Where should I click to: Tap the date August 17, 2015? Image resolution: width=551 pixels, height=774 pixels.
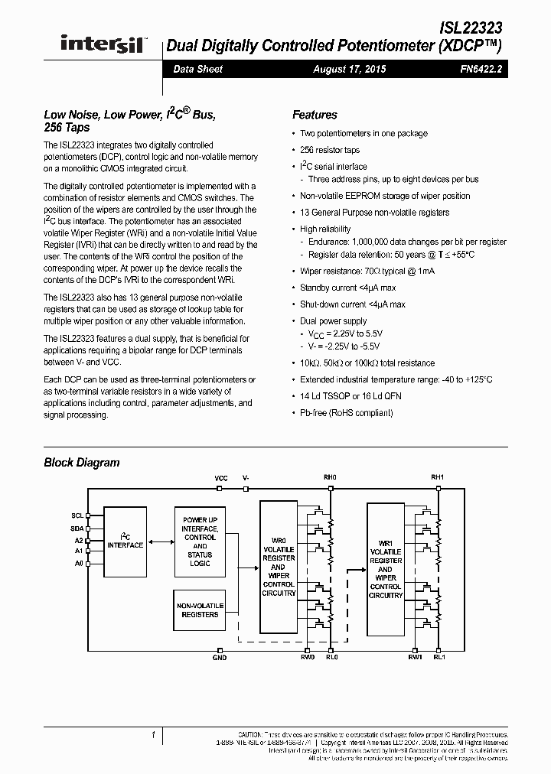point(350,69)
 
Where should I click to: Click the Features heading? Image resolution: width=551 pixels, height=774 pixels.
point(315,115)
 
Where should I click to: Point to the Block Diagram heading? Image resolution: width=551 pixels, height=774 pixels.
point(82,462)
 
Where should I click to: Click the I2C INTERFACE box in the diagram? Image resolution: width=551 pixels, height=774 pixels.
point(126,541)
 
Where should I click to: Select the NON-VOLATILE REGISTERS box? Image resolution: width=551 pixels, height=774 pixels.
point(200,610)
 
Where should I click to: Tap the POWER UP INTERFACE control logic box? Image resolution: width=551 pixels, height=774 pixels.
point(200,541)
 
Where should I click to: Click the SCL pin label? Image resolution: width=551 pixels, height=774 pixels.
point(77,515)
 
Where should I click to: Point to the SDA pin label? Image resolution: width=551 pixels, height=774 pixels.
point(77,528)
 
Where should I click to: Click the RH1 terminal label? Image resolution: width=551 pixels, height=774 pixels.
point(437,478)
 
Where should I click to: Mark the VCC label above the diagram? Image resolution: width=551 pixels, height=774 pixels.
point(221,478)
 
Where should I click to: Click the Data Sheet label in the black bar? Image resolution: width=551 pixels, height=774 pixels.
point(197,69)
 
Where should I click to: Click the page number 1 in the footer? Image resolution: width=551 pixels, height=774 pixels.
point(153,735)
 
